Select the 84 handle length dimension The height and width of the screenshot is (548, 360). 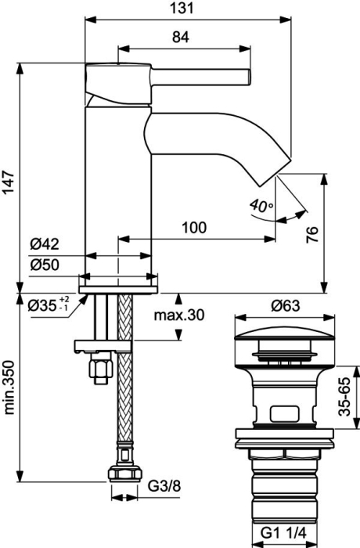[x=181, y=37]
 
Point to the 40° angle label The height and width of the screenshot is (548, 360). [x=261, y=206]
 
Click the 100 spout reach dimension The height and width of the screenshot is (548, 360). [x=194, y=228]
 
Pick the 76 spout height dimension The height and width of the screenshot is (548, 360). [x=312, y=235]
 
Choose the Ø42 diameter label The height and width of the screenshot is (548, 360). [x=45, y=244]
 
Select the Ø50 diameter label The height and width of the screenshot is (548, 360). [x=45, y=265]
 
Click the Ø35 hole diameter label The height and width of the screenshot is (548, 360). [x=49, y=305]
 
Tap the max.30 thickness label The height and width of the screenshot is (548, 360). [x=179, y=315]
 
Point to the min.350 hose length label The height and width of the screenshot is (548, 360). [x=9, y=388]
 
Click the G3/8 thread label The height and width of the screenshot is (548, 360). [x=164, y=486]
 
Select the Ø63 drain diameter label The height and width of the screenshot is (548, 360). [x=285, y=306]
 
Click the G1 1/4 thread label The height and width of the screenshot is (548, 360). [x=283, y=533]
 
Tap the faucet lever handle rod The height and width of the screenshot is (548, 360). [x=200, y=77]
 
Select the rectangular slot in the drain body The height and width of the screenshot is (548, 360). [x=285, y=414]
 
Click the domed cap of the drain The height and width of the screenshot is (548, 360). [x=285, y=335]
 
